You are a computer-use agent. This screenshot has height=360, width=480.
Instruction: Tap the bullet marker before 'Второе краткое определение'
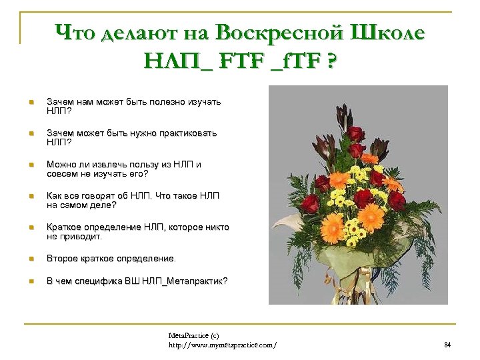pyautogui.click(x=30, y=259)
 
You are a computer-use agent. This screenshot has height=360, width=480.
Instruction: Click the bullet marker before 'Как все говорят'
pyautogui.click(x=30, y=197)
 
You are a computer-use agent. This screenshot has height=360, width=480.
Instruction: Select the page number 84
pyautogui.click(x=447, y=345)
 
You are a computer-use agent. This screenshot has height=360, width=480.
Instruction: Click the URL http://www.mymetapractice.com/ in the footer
pyautogui.click(x=223, y=345)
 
